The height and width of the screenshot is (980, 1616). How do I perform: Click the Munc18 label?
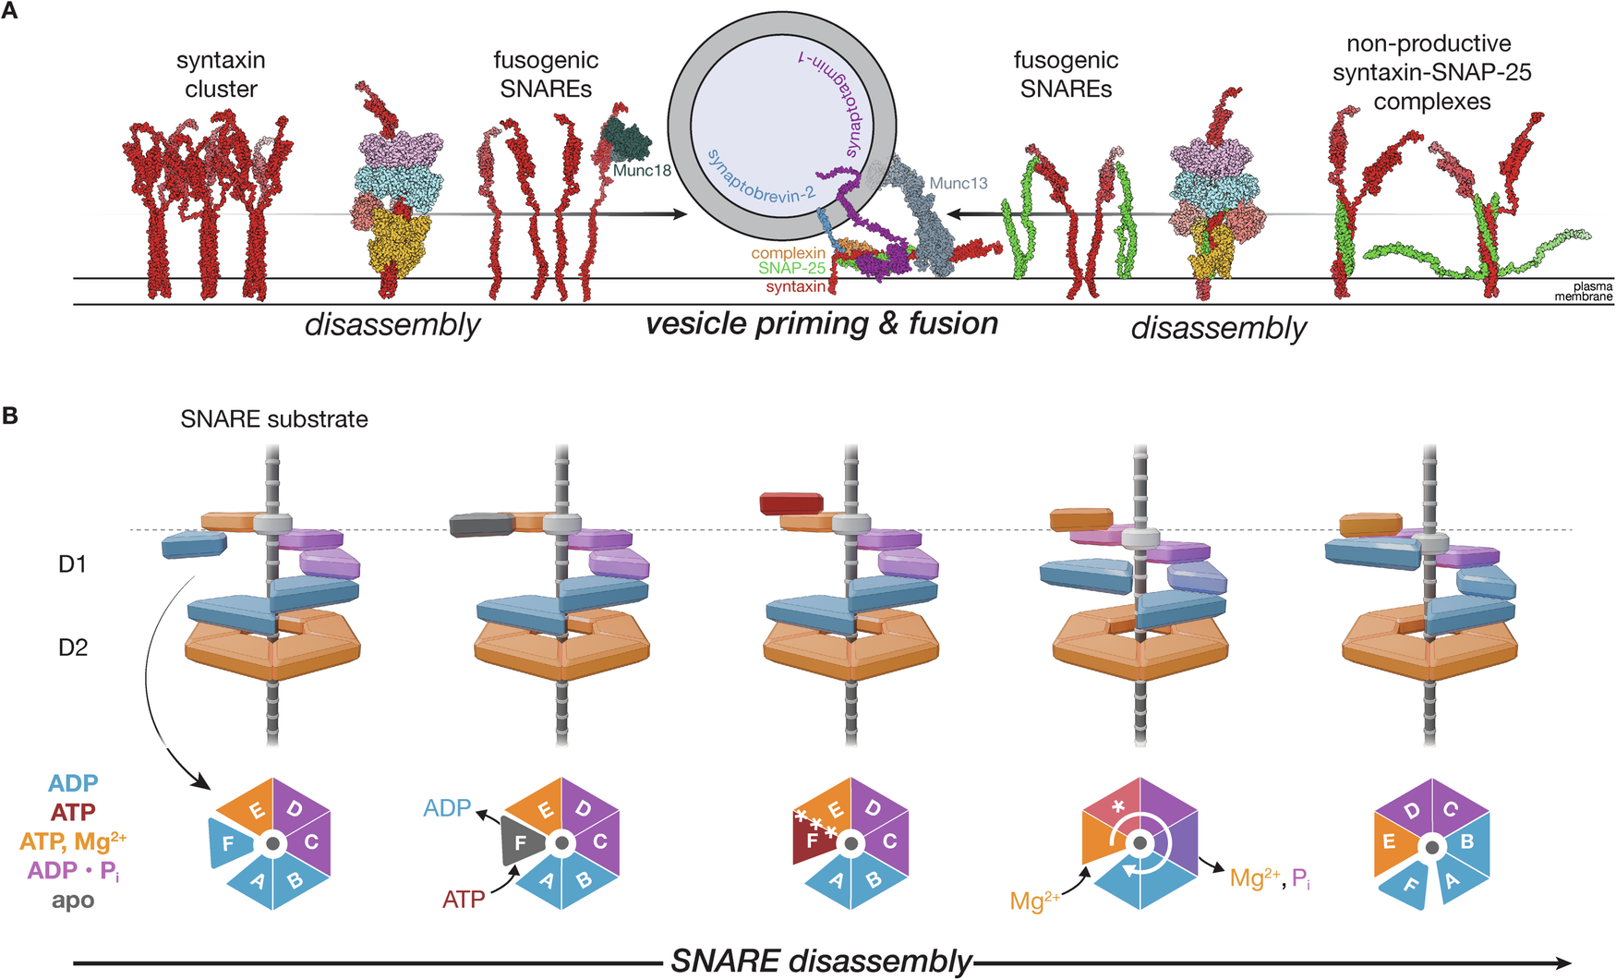point(642,171)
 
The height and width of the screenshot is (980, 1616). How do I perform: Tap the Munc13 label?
point(958,183)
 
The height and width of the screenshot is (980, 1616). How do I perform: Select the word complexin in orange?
point(788,253)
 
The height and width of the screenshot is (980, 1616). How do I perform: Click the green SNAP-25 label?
point(791,268)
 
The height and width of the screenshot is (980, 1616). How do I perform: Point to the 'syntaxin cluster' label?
point(221,75)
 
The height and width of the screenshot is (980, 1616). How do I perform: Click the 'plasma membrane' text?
point(1586,292)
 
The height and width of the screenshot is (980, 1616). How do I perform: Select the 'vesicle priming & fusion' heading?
point(821,324)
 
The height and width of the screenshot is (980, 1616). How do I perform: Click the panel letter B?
point(10,416)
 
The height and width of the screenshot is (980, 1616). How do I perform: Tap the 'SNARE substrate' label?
point(274,419)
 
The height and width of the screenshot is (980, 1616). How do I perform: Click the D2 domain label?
point(73,647)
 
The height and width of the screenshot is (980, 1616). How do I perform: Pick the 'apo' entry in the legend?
point(73,900)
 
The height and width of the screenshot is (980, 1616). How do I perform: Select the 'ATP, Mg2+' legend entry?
point(73,841)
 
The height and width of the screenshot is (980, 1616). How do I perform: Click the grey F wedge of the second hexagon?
point(522,843)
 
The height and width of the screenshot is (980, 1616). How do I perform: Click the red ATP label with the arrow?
point(464,899)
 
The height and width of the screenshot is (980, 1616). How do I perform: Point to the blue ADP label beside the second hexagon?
point(447,808)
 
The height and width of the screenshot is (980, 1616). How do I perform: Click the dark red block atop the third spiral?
point(790,503)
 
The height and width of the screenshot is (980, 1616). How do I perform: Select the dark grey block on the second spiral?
point(480,525)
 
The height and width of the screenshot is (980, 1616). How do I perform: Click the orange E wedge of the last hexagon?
point(1389,842)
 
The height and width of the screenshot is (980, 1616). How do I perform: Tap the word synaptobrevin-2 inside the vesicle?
point(761,175)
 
